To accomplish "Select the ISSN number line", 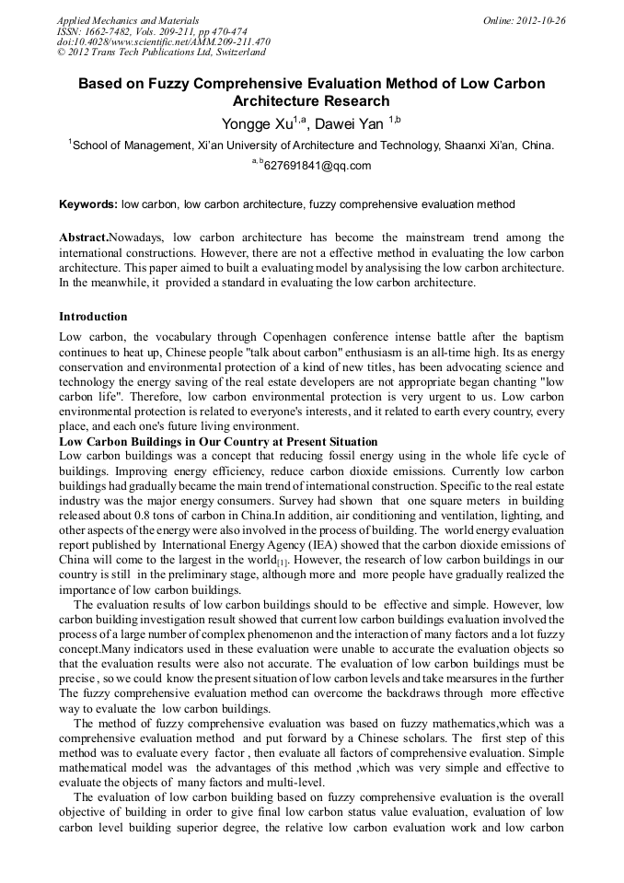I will (152, 31).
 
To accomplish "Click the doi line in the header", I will (164, 42).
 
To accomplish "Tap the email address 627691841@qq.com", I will (317, 167).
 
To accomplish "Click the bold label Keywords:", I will (88, 203).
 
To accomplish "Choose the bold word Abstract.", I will (83, 238).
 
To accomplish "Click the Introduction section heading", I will (93, 317).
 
